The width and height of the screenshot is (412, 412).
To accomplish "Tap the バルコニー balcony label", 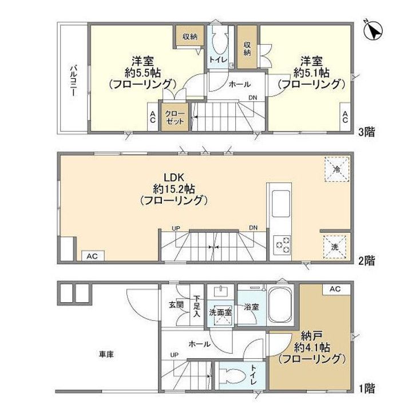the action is (x=74, y=81).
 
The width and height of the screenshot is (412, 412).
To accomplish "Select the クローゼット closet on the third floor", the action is (x=175, y=117).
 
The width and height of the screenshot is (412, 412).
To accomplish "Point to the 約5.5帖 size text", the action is (x=143, y=73).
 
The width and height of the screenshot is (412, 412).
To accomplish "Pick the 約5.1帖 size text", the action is (x=311, y=73).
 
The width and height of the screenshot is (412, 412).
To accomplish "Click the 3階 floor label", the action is (x=367, y=132).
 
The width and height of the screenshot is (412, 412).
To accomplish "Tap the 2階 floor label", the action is (x=367, y=260).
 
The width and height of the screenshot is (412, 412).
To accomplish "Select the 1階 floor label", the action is (x=367, y=389).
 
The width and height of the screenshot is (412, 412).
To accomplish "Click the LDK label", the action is (x=173, y=177).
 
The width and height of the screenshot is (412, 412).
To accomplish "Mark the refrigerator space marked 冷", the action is (x=337, y=169).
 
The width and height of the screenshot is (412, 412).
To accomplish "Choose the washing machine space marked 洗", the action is (x=335, y=247).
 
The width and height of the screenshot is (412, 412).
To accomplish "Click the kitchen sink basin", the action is (x=280, y=203).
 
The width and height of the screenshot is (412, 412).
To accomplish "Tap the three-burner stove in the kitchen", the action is (x=282, y=245).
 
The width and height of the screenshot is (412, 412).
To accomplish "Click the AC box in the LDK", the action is (x=92, y=256).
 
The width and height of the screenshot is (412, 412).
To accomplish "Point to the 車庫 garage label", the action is (x=106, y=354).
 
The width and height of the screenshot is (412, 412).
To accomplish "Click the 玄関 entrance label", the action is (x=176, y=305).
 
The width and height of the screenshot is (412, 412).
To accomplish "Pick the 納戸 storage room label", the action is (x=312, y=336).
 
